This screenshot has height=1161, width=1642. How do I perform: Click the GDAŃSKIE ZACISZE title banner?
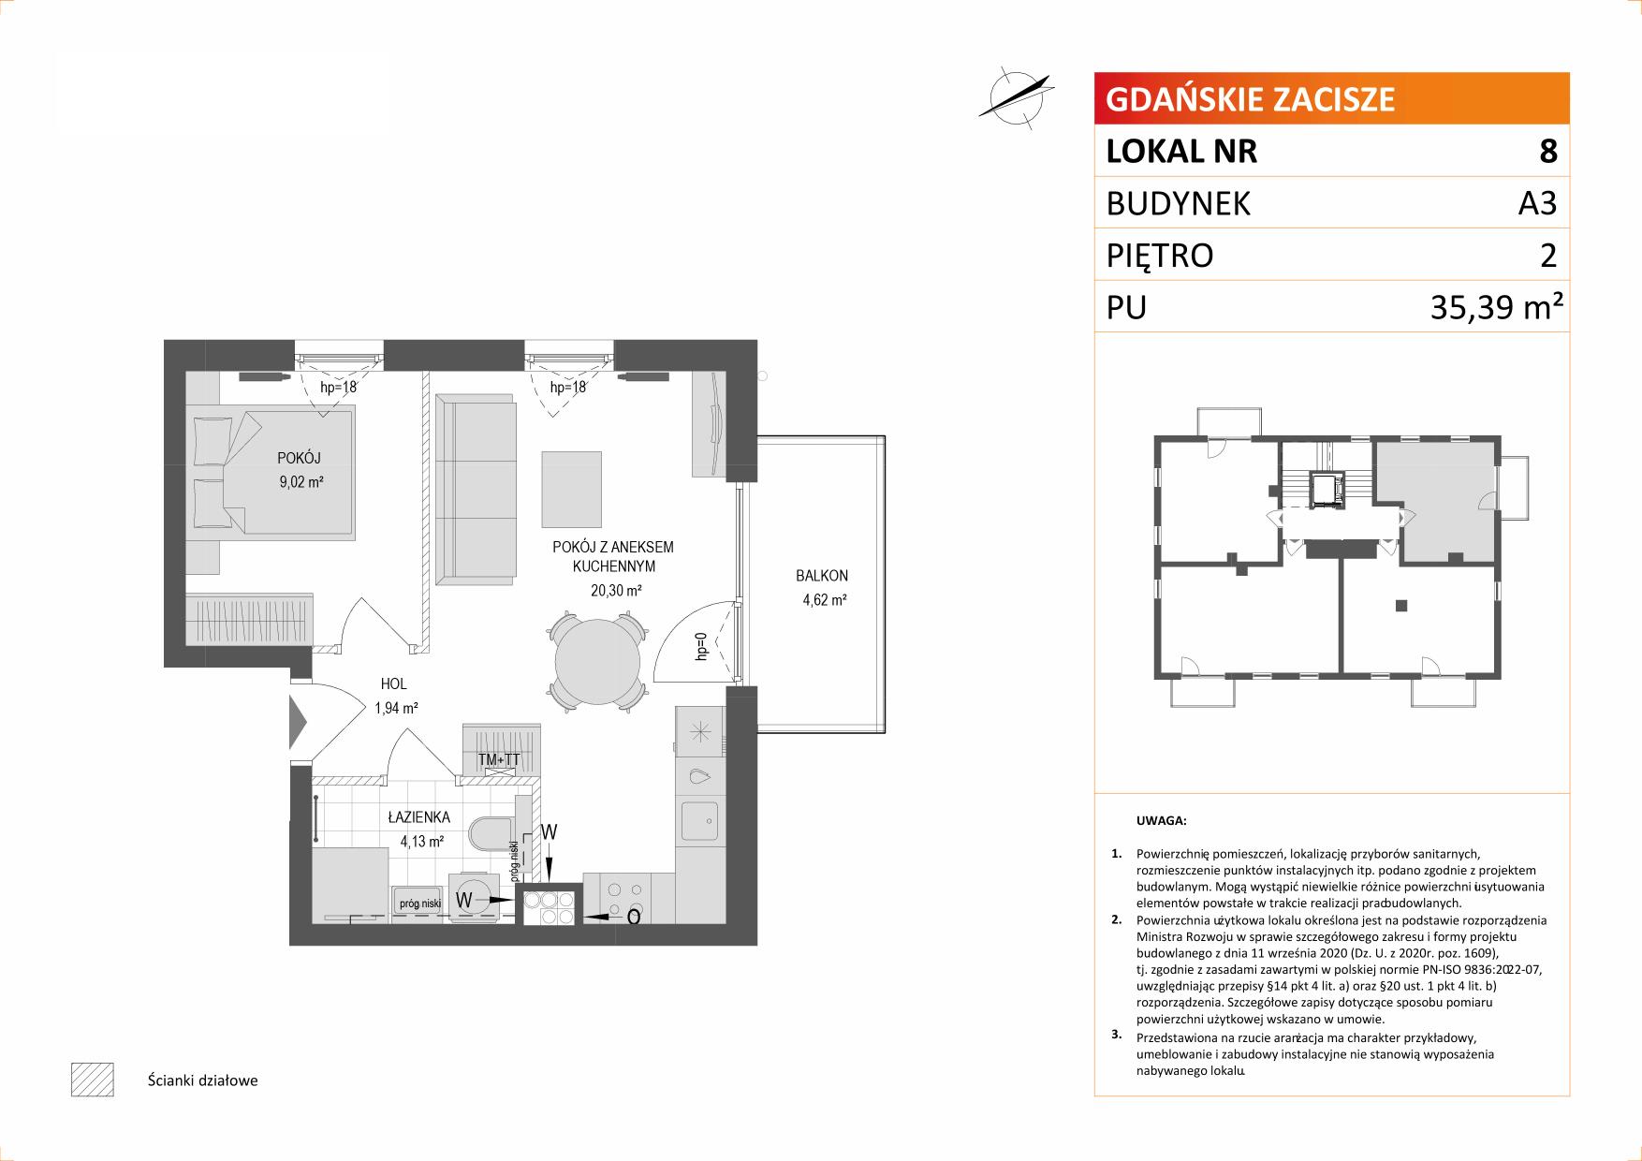point(1331,98)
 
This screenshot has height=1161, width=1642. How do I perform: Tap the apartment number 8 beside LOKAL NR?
point(1548,151)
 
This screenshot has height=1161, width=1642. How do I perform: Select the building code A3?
point(1537,203)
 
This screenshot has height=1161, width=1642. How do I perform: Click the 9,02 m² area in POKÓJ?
point(300,482)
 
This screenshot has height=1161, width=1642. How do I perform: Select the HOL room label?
point(394,684)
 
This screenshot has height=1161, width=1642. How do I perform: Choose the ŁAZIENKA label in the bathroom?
point(420,817)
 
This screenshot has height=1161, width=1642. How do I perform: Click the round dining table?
point(596,662)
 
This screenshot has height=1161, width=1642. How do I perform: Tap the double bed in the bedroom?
point(271,474)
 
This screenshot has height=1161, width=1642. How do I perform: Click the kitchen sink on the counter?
point(699,821)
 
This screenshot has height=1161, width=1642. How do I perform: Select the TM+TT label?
point(499,760)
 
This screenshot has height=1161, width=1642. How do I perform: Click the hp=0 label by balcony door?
point(701,647)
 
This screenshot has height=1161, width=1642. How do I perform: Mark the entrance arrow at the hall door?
point(298,720)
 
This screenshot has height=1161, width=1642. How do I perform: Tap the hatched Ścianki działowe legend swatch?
point(93,1080)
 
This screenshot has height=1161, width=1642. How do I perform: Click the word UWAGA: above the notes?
point(1161,821)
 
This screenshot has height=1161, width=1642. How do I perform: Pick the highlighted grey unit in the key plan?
point(1434,501)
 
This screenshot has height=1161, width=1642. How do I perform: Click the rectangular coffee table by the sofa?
point(571,489)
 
